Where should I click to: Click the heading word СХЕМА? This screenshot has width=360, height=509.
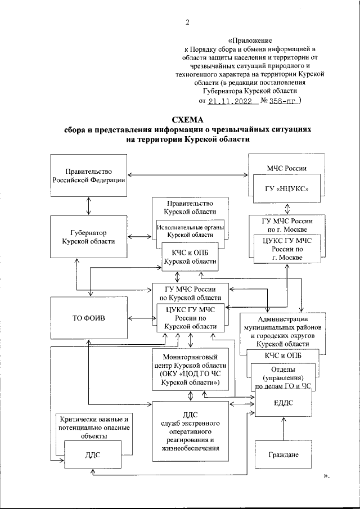(188, 119)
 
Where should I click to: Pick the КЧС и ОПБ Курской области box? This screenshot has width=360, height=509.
(190, 257)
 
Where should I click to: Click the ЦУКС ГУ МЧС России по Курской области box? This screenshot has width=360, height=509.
(191, 317)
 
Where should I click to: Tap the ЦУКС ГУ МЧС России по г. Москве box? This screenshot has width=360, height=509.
(287, 249)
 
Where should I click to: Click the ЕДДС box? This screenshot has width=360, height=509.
(283, 404)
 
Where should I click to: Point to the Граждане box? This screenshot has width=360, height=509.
(283, 454)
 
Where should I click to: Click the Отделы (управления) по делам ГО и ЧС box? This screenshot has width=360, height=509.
(283, 377)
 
